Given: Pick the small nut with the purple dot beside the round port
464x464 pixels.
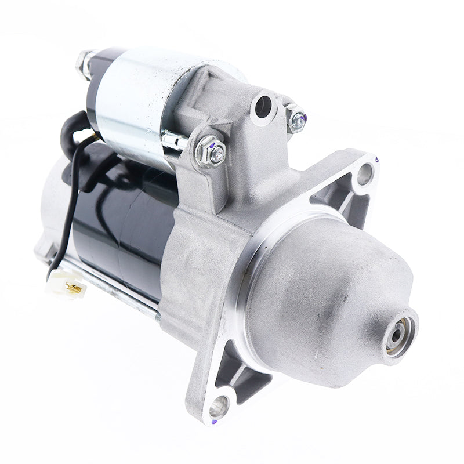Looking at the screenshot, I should click(x=297, y=119).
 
